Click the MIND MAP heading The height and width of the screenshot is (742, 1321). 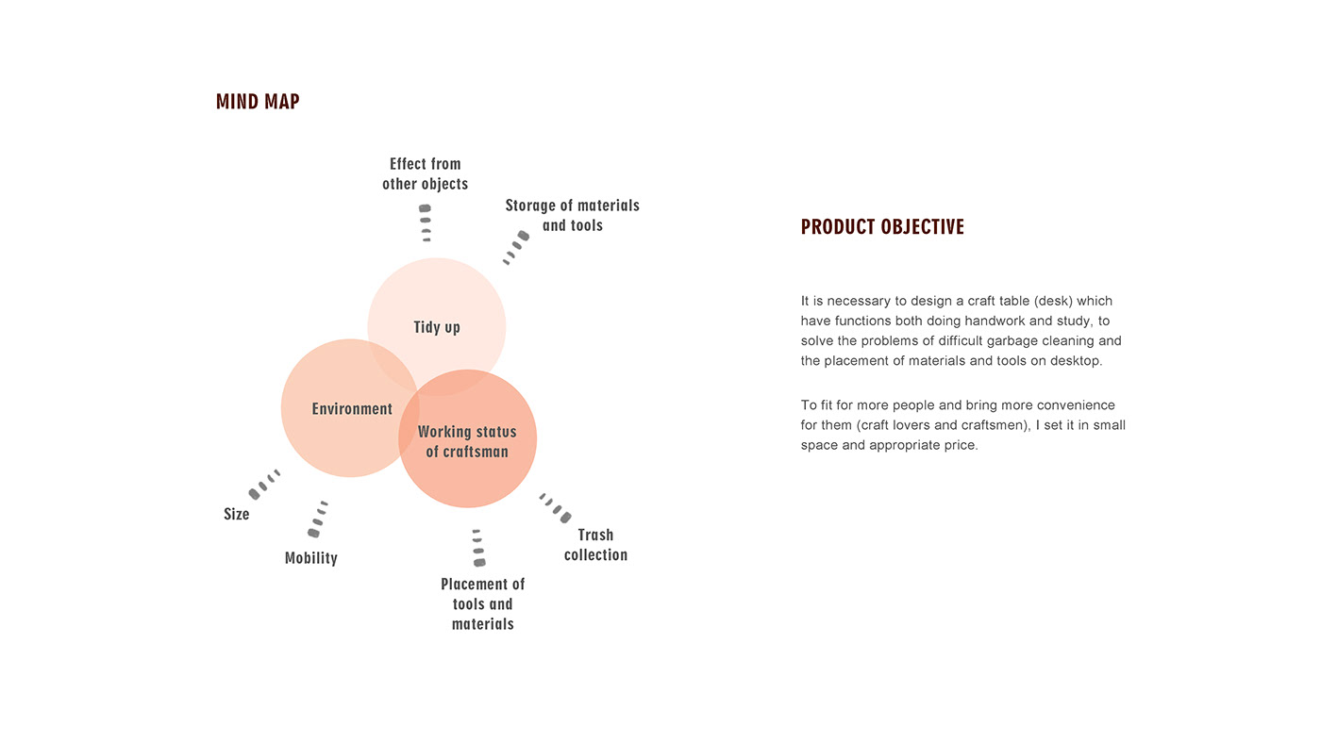(258, 102)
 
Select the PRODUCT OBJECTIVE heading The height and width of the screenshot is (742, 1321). (882, 227)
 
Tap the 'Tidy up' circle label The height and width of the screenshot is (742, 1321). (437, 327)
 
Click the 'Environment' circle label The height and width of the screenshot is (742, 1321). (352, 409)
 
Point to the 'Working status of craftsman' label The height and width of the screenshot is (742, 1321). (467, 441)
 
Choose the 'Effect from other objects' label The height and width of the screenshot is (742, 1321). (425, 174)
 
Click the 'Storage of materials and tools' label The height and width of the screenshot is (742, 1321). (572, 215)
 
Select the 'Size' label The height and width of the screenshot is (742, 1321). (237, 514)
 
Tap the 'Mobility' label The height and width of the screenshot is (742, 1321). (311, 558)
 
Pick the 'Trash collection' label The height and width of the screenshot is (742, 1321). (595, 545)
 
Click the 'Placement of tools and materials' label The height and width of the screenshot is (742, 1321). (482, 604)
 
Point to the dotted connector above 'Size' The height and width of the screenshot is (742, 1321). (264, 483)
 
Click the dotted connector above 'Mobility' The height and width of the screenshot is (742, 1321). (319, 519)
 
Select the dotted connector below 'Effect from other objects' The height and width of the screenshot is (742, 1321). (426, 223)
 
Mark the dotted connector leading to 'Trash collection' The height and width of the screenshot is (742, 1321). (555, 507)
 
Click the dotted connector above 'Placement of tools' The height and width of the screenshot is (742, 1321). (478, 548)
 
